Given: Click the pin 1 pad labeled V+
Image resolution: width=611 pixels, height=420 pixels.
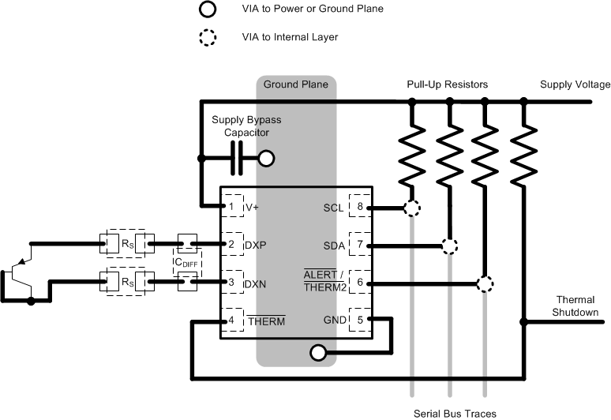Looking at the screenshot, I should coord(232,207).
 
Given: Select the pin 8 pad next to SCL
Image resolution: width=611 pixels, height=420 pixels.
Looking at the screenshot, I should coord(360,208).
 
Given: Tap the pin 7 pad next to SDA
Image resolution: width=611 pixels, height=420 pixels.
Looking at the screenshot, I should coord(360,245).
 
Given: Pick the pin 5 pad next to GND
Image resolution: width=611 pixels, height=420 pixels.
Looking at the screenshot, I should coord(360,320).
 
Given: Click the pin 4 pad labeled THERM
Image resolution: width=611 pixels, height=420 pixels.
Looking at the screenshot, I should coord(232,320).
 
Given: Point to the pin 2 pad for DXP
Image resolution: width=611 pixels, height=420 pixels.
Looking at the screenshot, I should coord(232,245).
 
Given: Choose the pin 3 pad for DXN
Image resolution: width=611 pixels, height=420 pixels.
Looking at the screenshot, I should coord(232,282).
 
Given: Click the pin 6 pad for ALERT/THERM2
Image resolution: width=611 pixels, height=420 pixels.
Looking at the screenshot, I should coord(360,282).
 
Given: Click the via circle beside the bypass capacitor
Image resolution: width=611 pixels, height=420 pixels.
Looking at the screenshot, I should coord(267,159).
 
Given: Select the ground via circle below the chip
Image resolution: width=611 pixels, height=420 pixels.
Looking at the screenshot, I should coord(318,353).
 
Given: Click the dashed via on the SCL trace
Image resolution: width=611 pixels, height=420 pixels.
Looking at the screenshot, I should coord(412,208).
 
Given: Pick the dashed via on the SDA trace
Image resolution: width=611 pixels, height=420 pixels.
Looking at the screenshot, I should coord(449,246).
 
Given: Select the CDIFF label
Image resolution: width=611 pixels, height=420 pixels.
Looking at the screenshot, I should coord(188,261).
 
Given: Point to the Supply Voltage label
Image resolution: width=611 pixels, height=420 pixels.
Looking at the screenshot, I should coord(575,84).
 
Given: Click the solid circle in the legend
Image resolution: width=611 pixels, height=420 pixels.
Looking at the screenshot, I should coord(207,9).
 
